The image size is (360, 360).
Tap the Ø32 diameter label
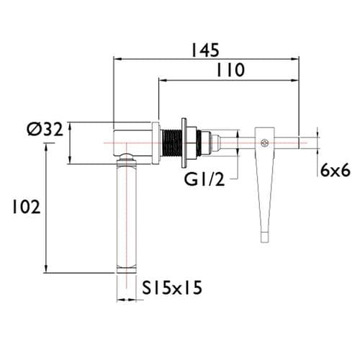click(x=44, y=130)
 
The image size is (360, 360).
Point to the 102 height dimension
click(x=22, y=207)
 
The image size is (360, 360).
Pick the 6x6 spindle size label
click(x=335, y=170)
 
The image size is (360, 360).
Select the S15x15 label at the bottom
click(x=172, y=288)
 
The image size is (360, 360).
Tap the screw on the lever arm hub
click(x=265, y=143)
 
